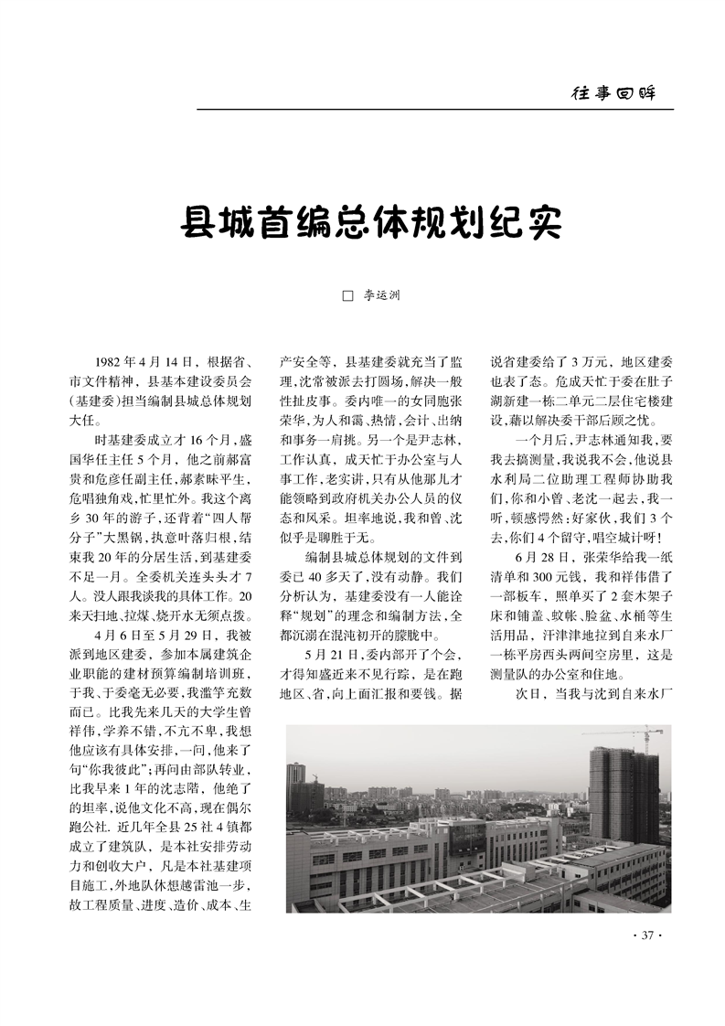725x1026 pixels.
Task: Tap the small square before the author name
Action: [347, 296]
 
